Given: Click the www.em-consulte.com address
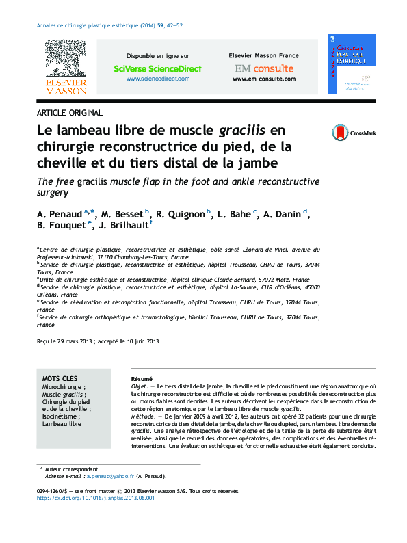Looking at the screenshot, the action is pyautogui.click(x=263, y=79).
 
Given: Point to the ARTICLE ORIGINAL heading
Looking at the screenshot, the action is pyautogui.click(x=69, y=113).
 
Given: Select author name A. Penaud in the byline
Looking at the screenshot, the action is pyautogui.click(x=60, y=214).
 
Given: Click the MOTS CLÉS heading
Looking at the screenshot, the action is pyautogui.click(x=60, y=378).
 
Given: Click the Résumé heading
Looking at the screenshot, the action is pyautogui.click(x=142, y=379).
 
